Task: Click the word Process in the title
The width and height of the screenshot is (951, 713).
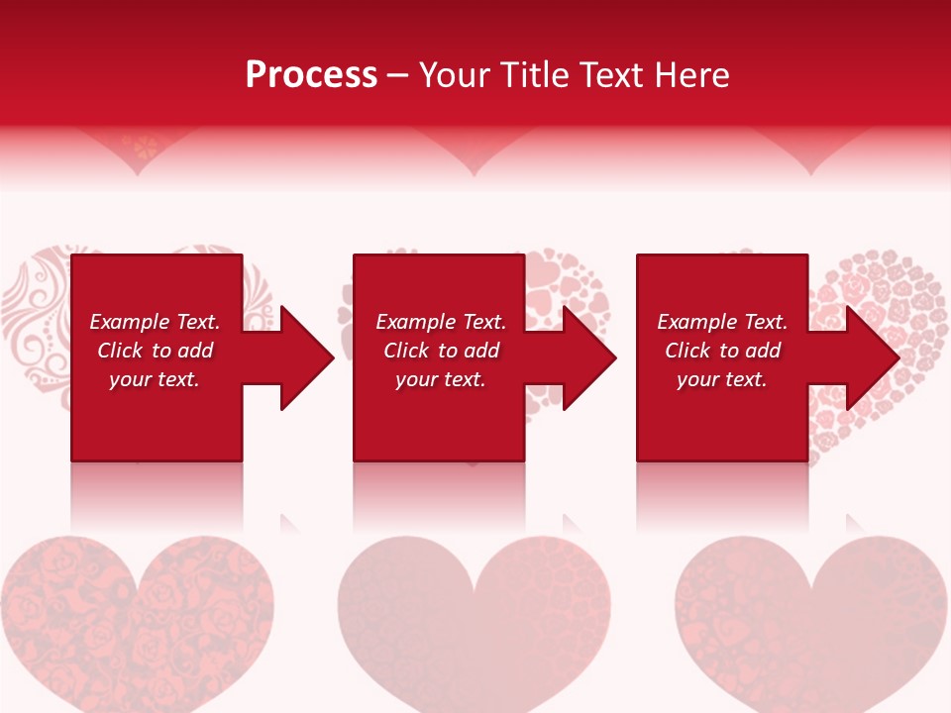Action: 311,75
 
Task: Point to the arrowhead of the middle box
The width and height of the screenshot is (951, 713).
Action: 587,357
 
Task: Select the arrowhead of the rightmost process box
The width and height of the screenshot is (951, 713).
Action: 871,357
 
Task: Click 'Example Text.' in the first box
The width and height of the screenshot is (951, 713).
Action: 155,322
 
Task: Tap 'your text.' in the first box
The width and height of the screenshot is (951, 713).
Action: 155,379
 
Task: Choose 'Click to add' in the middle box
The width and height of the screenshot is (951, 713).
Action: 441,351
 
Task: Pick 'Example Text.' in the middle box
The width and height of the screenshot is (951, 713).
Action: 441,322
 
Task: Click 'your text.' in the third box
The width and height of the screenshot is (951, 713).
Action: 722,379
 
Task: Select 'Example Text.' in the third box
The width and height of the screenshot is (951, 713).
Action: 722,322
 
